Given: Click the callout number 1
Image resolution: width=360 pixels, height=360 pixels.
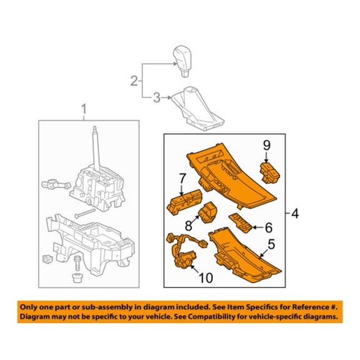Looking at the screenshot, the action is tap(84, 109).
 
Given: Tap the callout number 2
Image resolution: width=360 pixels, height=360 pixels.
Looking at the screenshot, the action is tap(134, 81).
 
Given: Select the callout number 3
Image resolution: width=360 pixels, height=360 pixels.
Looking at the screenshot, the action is tap(157, 97).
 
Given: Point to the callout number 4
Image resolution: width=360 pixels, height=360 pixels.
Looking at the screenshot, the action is tap(295, 214).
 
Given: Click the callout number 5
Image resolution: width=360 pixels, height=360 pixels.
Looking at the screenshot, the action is tap(271, 244).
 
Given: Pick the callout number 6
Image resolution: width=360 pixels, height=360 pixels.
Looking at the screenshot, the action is tap(269, 227).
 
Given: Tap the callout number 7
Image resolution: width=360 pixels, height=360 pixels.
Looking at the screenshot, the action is tap(182, 178).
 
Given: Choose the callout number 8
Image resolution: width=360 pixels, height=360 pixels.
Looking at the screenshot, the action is tap(189, 226).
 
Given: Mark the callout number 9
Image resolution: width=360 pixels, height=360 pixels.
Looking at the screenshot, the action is tap(266, 146).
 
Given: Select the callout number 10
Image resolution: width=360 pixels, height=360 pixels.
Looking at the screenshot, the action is tap(206, 278).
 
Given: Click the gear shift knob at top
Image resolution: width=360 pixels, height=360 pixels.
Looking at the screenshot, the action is tap(182, 61).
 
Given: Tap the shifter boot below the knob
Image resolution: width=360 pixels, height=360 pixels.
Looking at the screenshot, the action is tap(197, 109).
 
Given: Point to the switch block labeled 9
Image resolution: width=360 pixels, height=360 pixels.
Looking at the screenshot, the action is tap(270, 172).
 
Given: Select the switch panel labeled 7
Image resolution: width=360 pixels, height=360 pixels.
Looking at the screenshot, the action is tap(184, 202).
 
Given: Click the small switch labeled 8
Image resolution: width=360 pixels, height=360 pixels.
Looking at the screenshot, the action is tap(208, 212).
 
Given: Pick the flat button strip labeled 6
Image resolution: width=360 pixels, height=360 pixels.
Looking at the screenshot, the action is tap(241, 223).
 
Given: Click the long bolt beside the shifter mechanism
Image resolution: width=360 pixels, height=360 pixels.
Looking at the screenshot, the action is tap(85, 214).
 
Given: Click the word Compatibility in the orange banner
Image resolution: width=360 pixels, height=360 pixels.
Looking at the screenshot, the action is tap(236, 317).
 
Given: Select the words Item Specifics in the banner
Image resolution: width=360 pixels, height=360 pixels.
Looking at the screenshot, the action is tap(252, 307).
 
